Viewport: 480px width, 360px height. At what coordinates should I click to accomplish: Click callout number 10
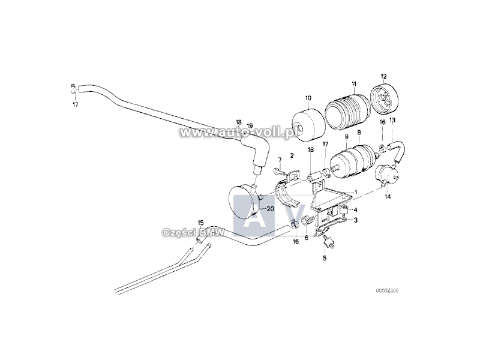[x=308, y=98]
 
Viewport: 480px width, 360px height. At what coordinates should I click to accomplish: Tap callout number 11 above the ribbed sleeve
[x=354, y=83]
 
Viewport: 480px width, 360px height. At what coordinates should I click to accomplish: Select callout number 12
[x=383, y=76]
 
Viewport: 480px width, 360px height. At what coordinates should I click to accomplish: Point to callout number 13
[x=392, y=121]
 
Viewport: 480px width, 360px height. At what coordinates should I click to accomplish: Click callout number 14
[x=388, y=197]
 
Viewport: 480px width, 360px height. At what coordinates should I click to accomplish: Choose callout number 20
[x=270, y=209]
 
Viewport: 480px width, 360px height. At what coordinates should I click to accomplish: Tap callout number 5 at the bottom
[x=325, y=258]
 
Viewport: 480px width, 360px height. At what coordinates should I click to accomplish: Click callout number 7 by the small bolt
[x=280, y=160]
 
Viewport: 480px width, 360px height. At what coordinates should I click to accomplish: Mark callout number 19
[x=250, y=125]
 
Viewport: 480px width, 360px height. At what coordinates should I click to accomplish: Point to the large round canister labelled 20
[x=244, y=205]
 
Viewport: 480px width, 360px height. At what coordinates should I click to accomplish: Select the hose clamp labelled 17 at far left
[x=73, y=89]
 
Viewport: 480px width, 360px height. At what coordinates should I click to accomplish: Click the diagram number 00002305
[x=387, y=290]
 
